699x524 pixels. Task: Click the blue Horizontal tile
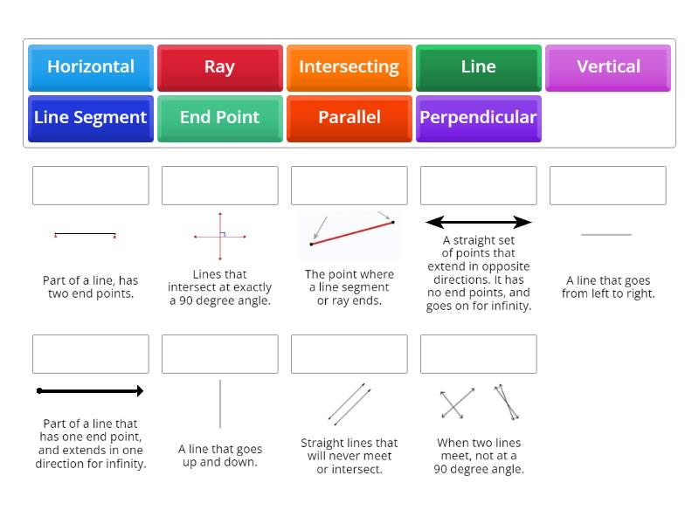pyautogui.click(x=91, y=67)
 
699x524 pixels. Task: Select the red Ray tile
pyautogui.click(x=219, y=67)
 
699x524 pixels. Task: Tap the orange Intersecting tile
pyautogui.click(x=349, y=67)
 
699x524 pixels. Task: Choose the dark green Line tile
pyautogui.click(x=478, y=67)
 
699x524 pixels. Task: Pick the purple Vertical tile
pyautogui.click(x=608, y=67)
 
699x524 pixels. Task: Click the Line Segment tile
pyautogui.click(x=91, y=118)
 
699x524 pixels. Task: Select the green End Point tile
pyautogui.click(x=219, y=118)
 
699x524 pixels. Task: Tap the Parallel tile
pyautogui.click(x=349, y=118)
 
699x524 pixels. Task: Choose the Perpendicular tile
pyautogui.click(x=478, y=118)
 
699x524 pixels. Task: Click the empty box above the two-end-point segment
pyautogui.click(x=91, y=186)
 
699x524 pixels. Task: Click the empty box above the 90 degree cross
pyautogui.click(x=219, y=186)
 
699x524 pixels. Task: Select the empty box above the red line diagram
pyautogui.click(x=349, y=186)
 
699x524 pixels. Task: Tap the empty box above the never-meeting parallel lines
pyautogui.click(x=349, y=354)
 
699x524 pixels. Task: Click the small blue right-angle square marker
pyautogui.click(x=224, y=233)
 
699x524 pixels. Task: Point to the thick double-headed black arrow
pyautogui.click(x=478, y=222)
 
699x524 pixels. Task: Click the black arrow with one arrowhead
pyautogui.click(x=91, y=391)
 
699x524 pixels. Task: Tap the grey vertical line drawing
pyautogui.click(x=220, y=403)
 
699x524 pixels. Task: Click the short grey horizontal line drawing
pyautogui.click(x=606, y=234)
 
